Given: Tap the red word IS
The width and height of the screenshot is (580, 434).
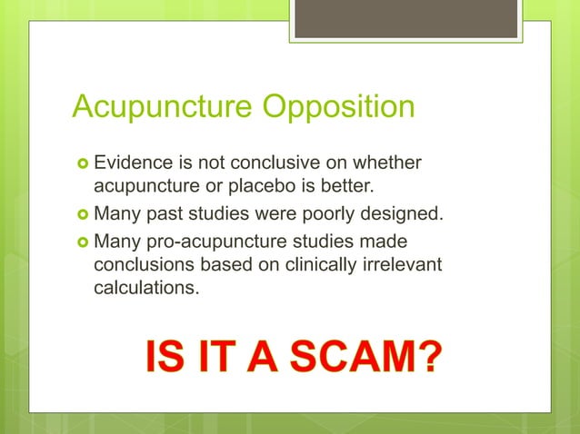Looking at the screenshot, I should click(165, 357).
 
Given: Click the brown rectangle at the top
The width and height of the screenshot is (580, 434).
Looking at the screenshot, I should click(406, 18).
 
